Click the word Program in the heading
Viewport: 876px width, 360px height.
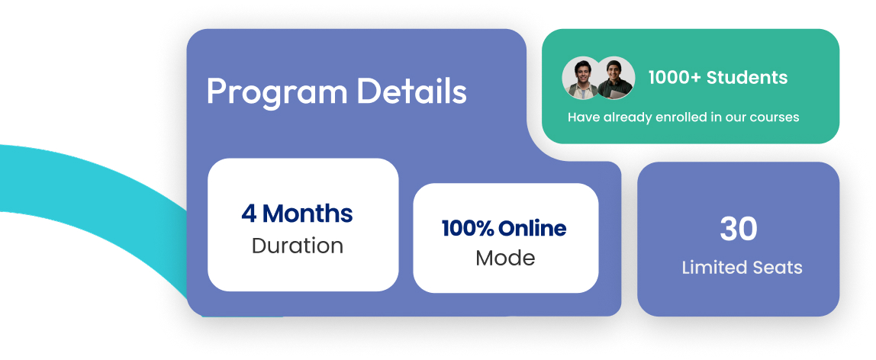[x=276, y=92]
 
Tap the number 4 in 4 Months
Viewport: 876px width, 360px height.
[x=249, y=214]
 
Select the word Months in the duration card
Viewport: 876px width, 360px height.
[x=308, y=214]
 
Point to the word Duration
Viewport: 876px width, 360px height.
[x=297, y=246]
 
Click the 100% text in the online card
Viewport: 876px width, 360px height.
[x=467, y=228]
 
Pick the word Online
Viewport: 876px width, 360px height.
[x=533, y=228]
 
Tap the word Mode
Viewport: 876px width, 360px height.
[x=505, y=258]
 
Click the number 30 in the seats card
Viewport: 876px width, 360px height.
[x=738, y=229]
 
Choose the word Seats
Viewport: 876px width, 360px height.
[x=777, y=268]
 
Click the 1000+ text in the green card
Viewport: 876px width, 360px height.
[x=675, y=77]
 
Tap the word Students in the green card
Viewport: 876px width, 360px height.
[x=747, y=77]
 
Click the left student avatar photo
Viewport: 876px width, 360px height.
[x=580, y=77]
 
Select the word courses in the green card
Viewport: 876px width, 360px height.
[x=776, y=117]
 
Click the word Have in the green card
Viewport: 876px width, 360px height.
[x=584, y=117]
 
